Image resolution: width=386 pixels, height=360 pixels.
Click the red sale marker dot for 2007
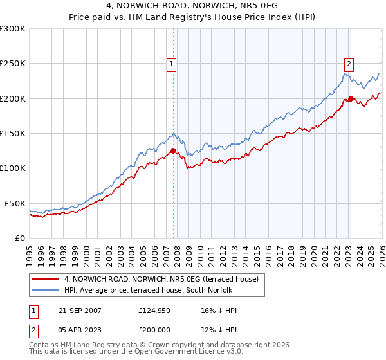tap(173, 151)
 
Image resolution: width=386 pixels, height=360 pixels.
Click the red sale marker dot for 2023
tap(351, 99)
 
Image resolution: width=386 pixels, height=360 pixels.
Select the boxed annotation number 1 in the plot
tap(172, 64)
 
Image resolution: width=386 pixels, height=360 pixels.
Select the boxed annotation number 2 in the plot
tap(349, 64)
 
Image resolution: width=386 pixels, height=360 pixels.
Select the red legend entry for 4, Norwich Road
tap(161, 279)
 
